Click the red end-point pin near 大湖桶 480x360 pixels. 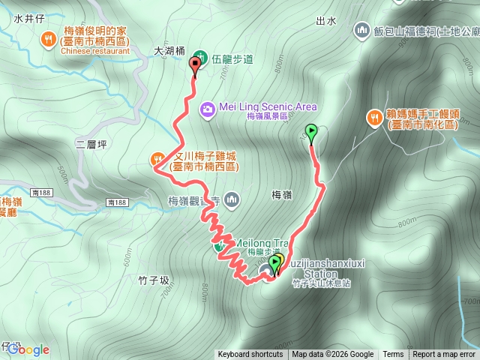point(196,67)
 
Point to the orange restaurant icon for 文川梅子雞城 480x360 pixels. point(157,158)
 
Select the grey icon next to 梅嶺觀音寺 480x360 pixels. point(232,199)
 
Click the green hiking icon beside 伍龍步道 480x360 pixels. point(199,56)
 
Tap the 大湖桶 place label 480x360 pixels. point(169,52)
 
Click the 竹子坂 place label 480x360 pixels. point(154,280)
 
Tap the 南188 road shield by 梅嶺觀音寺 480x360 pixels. point(117,202)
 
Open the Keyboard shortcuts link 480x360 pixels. point(250,355)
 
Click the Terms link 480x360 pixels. point(393,355)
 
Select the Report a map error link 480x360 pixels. point(444,355)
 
